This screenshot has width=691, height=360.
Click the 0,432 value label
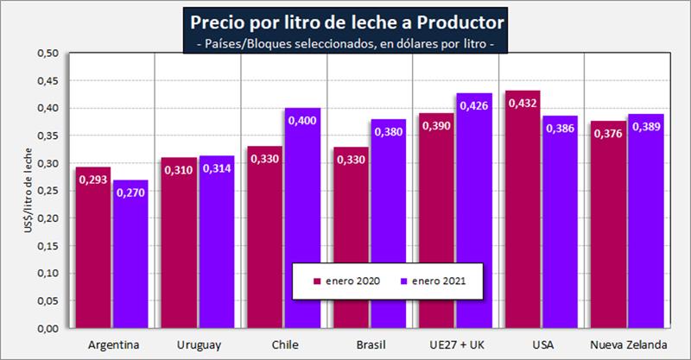[x=523, y=104]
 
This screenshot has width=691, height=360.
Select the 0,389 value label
[x=645, y=127]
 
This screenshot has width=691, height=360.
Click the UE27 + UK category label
[x=456, y=345]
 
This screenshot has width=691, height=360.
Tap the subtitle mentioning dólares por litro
[x=345, y=44]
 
